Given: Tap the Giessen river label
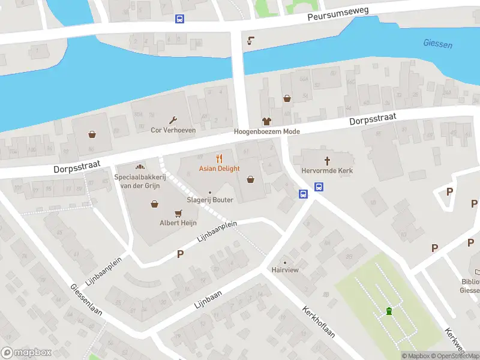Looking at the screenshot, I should [x=437, y=44].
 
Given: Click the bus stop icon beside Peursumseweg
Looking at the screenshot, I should [x=179, y=19].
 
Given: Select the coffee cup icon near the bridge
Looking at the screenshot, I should [x=250, y=41].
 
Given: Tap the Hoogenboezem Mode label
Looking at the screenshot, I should [x=266, y=131].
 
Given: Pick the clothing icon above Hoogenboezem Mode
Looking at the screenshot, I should [x=266, y=121].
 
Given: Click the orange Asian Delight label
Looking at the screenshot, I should [x=219, y=169].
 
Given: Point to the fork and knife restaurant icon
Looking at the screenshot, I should [x=220, y=158].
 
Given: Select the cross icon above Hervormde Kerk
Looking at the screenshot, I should [x=328, y=160].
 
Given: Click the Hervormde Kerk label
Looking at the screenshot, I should [x=327, y=171].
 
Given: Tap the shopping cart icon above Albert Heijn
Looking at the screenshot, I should [x=178, y=213].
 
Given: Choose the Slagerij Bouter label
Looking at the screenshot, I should [x=209, y=200].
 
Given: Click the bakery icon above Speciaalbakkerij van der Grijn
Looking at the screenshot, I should [x=140, y=167].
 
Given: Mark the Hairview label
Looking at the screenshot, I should [x=284, y=271].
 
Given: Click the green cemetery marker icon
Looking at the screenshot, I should [x=389, y=311].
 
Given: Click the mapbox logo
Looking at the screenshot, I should [x=26, y=353].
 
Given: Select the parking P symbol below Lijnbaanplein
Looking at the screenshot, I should [x=180, y=254].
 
